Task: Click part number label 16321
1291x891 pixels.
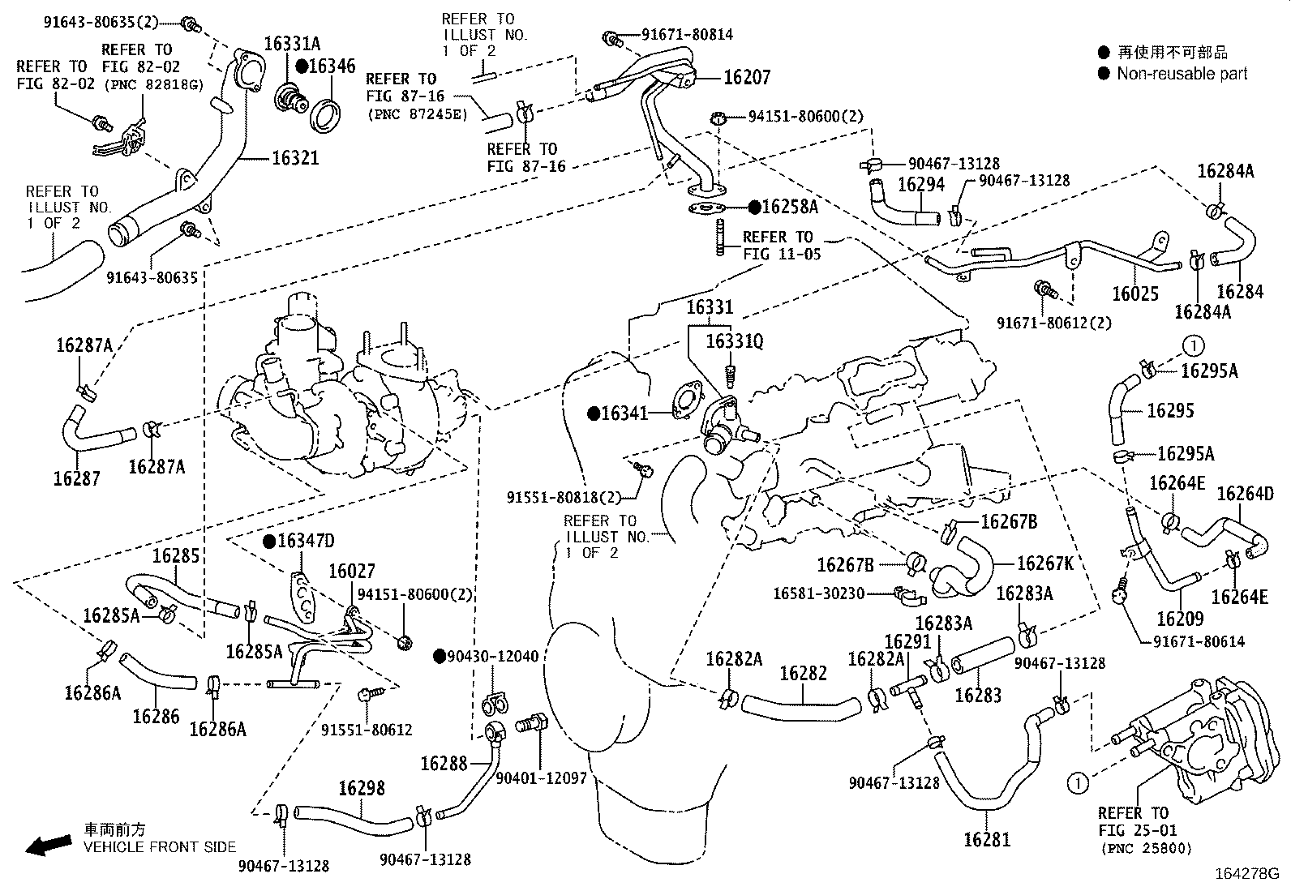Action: pyautogui.click(x=295, y=157)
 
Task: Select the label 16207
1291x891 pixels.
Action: pyautogui.click(x=746, y=78)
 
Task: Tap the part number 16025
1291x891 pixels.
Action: pyautogui.click(x=1135, y=293)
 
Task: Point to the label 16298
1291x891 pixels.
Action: pyautogui.click(x=362, y=788)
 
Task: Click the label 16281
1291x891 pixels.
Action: pyautogui.click(x=987, y=840)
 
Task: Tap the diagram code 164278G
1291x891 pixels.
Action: pyautogui.click(x=1246, y=875)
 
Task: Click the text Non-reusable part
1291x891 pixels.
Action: pyautogui.click(x=1182, y=74)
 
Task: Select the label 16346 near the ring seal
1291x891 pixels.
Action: pyautogui.click(x=332, y=66)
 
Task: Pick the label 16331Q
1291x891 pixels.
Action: pyautogui.click(x=734, y=342)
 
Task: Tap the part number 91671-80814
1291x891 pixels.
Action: pyautogui.click(x=687, y=35)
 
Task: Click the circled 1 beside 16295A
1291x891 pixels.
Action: pyautogui.click(x=1194, y=346)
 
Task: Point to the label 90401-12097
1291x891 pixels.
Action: pyautogui.click(x=540, y=778)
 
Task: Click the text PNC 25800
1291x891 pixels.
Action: pyautogui.click(x=1147, y=849)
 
